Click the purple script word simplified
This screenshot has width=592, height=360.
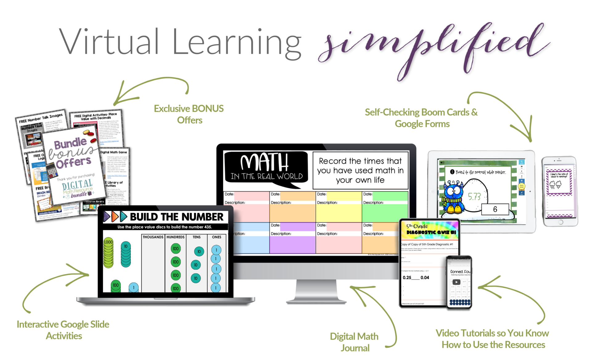coord(432,46)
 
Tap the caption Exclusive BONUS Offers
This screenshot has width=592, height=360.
coord(189,114)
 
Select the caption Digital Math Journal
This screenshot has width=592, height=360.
coord(354,342)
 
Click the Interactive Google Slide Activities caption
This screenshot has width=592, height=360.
coord(63,330)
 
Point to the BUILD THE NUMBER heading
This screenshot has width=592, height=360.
coord(176,217)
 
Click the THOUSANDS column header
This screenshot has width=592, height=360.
coord(153,237)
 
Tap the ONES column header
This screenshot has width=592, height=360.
coord(216,237)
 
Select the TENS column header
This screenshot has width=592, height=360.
coord(196,237)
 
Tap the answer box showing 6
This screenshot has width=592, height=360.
coord(495,209)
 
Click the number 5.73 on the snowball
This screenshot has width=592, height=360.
coord(474,196)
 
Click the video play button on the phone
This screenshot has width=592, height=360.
coord(456,282)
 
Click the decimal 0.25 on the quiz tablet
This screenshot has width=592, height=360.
coord(407,278)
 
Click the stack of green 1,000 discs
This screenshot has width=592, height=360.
coord(109,253)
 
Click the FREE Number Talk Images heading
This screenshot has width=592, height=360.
coord(41,118)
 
